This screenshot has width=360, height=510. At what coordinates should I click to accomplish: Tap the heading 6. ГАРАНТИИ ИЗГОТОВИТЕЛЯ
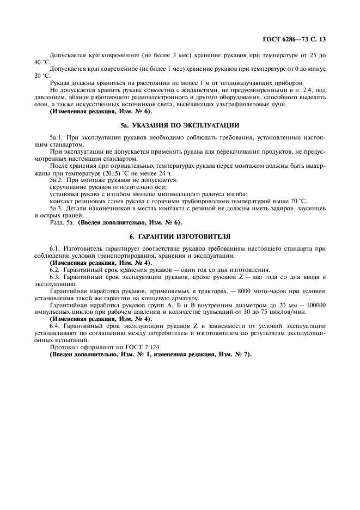click(x=180, y=236)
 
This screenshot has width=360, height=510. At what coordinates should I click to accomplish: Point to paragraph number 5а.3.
click(x=57, y=208)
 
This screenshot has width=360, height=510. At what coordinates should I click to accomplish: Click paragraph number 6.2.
click(x=56, y=270)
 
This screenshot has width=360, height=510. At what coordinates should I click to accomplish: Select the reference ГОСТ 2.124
click(x=125, y=347)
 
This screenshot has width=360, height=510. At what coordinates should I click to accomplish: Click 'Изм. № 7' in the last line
click(x=231, y=354)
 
